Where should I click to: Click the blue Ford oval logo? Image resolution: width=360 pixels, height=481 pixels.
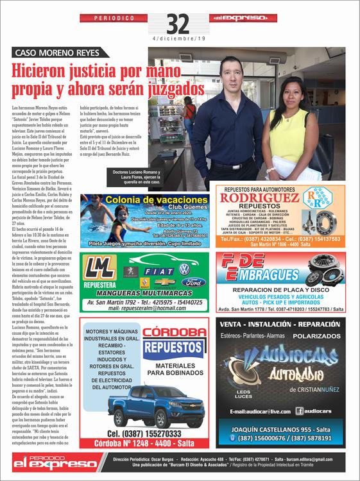click(x=193, y=282)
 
